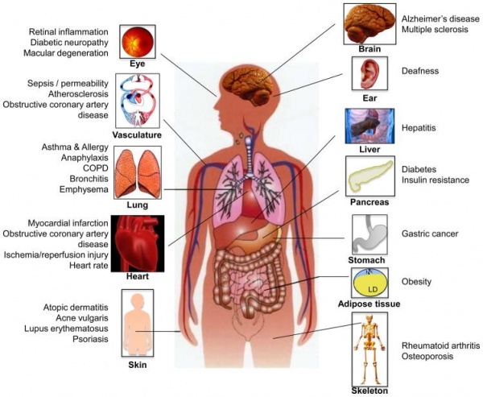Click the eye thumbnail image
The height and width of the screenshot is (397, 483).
pos(136,42)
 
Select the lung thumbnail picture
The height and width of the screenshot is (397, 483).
pos(137,173)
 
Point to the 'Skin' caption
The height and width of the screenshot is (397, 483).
pos(137,363)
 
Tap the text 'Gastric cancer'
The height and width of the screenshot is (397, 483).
pos(430,234)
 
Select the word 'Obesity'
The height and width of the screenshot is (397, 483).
pos(417,282)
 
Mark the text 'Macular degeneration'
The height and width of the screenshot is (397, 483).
pos(64,53)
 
